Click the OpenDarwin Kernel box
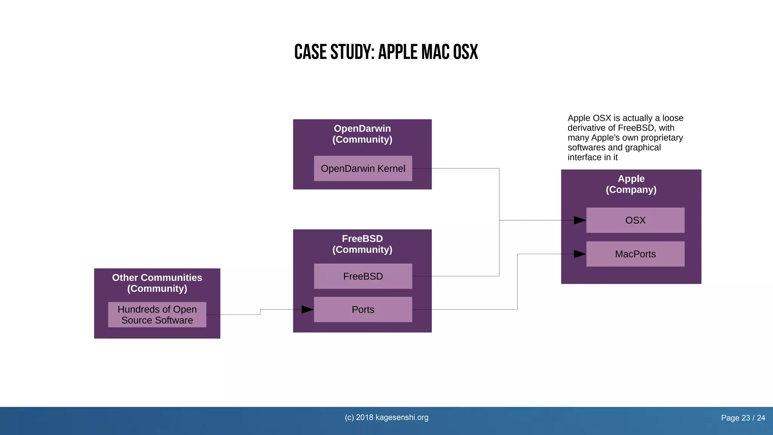(x=363, y=168)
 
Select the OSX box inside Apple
(x=635, y=220)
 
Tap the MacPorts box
(x=635, y=254)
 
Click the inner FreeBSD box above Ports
(x=363, y=276)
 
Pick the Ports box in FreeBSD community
(x=363, y=309)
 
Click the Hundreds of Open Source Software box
(x=157, y=315)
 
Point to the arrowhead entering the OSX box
(x=580, y=220)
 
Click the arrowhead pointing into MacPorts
(x=580, y=254)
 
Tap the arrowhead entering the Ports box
(x=307, y=310)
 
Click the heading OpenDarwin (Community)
(x=362, y=134)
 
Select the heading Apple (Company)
(x=631, y=184)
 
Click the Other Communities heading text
(x=157, y=278)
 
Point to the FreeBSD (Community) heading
(x=362, y=244)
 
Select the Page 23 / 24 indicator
(x=743, y=418)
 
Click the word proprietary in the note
(x=664, y=138)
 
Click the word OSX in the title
(x=465, y=52)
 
